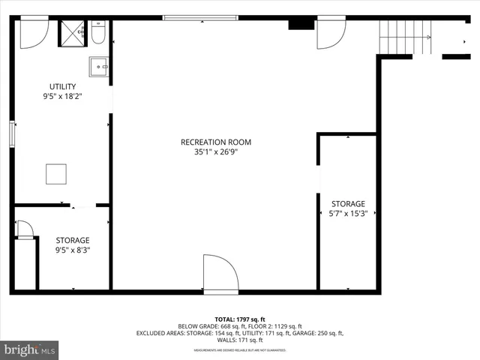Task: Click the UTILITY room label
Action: [62, 86]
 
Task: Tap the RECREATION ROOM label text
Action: [215, 142]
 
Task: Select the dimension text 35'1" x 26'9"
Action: [215, 151]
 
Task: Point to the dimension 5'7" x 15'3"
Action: [348, 214]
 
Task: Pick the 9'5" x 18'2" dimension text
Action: [62, 96]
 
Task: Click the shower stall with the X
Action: [73, 34]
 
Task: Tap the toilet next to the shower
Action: [99, 34]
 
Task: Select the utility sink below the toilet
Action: [99, 67]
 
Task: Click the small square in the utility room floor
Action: [56, 174]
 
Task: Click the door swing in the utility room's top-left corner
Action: [32, 34]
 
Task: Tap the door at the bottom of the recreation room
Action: [220, 273]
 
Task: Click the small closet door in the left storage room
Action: [25, 229]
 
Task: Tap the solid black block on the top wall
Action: [301, 23]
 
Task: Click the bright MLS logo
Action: [30, 349]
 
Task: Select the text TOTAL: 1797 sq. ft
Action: [240, 319]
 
